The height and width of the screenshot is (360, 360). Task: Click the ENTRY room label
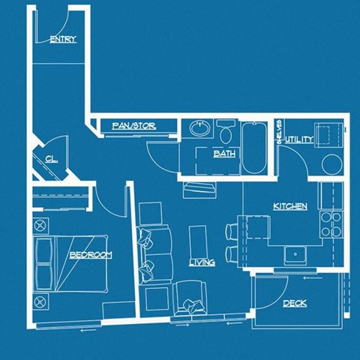pyautogui.click(x=62, y=39)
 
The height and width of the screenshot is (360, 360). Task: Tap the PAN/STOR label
pyautogui.click(x=133, y=126)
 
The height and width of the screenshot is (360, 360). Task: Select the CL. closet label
pyautogui.click(x=51, y=159)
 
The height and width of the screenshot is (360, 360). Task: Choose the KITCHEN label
pyautogui.click(x=289, y=206)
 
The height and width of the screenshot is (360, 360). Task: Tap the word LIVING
pyautogui.click(x=202, y=262)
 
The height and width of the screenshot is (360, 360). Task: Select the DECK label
pyautogui.click(x=294, y=304)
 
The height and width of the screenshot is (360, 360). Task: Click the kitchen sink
pyautogui.click(x=296, y=254)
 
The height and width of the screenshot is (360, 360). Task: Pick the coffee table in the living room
pyautogui.click(x=198, y=241)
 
